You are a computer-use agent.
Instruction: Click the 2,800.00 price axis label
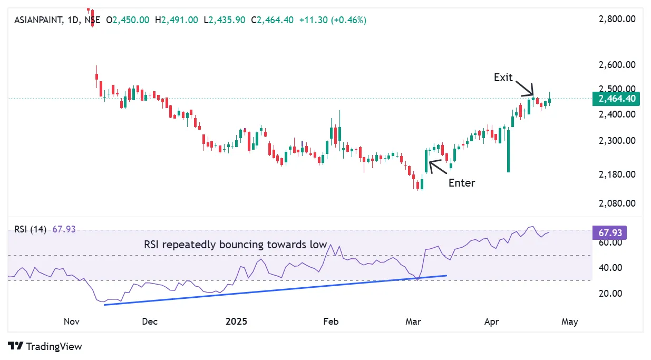[x=617, y=20]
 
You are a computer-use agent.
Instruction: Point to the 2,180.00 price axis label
[x=617, y=174]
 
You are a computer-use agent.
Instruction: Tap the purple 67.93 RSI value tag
[x=610, y=232]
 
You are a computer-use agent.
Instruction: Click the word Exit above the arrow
[x=503, y=77]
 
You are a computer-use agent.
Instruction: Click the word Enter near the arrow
[x=462, y=183]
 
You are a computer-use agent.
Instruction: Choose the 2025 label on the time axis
[x=236, y=321]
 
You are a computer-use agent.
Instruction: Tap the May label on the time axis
[x=570, y=321]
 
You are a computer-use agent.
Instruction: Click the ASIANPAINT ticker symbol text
[x=36, y=20]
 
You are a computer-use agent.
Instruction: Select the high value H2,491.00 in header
[x=177, y=20]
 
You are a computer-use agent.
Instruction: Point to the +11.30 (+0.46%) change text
[x=332, y=20]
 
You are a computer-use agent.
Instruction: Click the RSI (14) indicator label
[x=31, y=229]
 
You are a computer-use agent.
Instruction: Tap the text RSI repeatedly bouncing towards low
[x=236, y=245]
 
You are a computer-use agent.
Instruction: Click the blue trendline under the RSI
[x=274, y=289]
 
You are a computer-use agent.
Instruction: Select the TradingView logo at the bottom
[x=46, y=346]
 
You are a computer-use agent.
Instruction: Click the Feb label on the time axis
[x=330, y=321]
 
